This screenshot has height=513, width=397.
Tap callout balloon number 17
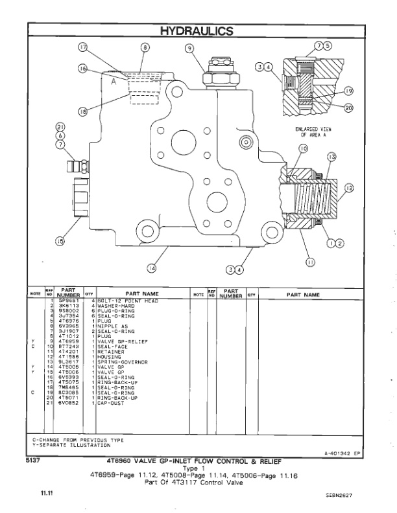pos(82,47)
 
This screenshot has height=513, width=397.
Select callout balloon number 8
pos(145,47)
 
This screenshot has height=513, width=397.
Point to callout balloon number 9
pos(189,47)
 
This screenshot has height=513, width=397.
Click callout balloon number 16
pos(82,68)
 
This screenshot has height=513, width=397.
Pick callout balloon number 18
pos(82,111)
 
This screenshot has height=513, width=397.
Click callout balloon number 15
pos(60,242)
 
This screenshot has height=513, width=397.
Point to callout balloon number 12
pos(348,188)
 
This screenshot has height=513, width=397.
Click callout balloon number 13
pos(331,157)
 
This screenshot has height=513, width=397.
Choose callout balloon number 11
pos(309,262)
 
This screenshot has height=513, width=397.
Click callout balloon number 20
pos(348,108)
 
